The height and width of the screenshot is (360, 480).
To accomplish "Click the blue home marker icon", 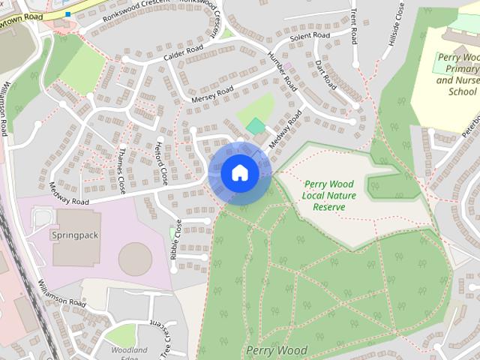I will tap(239, 173).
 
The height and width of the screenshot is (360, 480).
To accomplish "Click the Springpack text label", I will tap(74, 235).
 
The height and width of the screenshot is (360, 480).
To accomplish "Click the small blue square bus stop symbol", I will tap(67, 13).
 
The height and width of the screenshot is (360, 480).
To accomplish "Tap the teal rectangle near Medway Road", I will tap(256, 126).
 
